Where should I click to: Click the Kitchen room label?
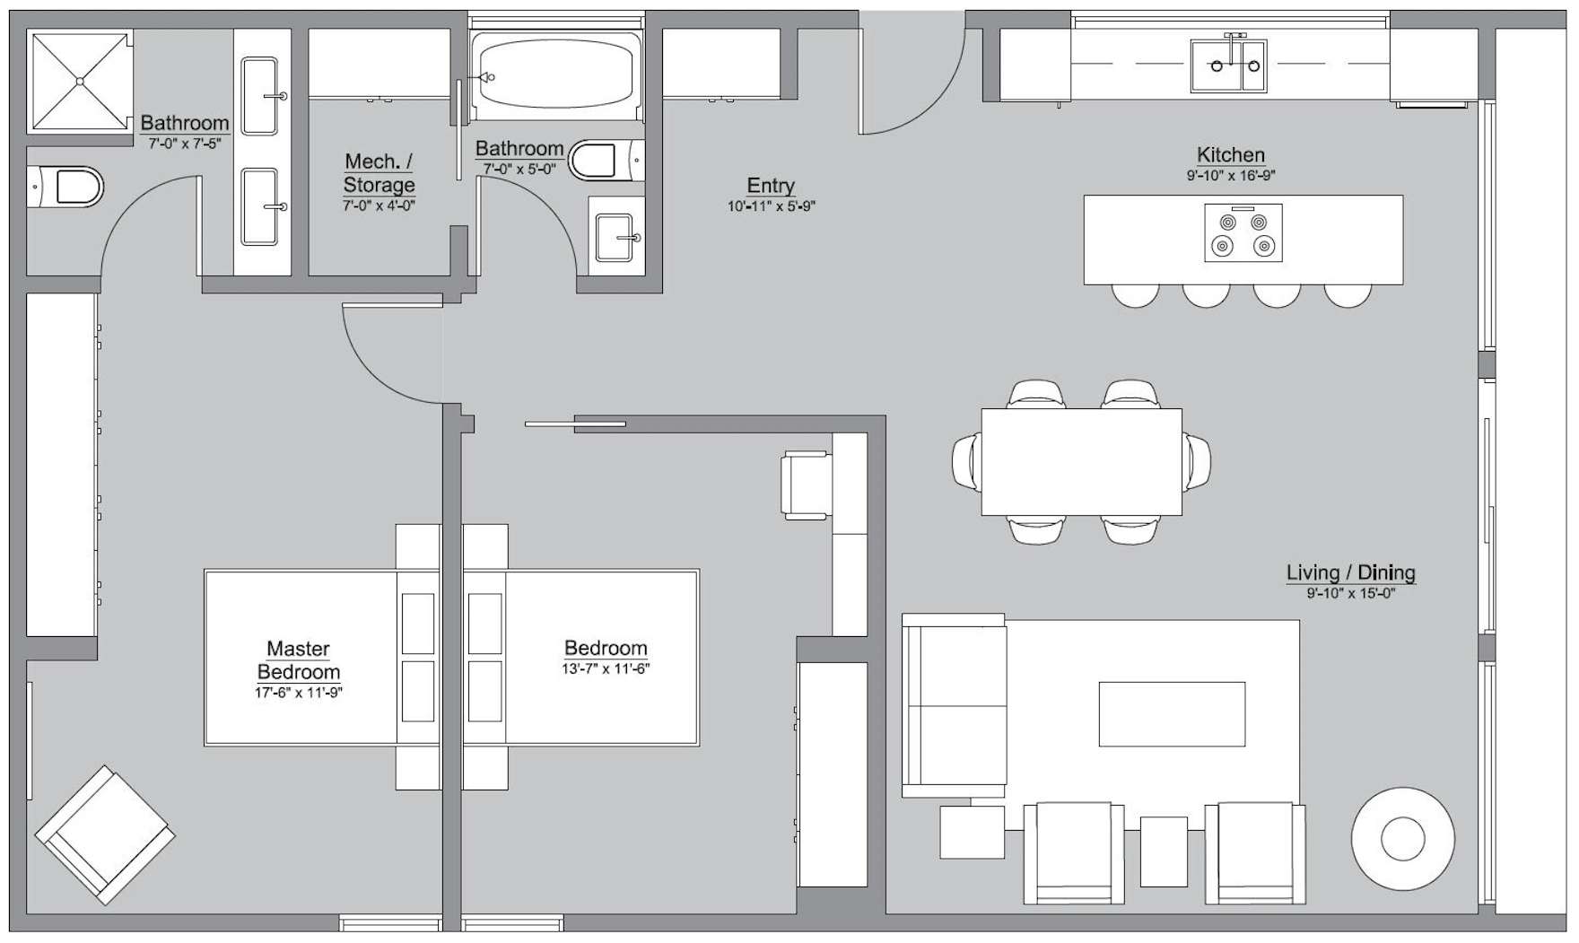(1230, 155)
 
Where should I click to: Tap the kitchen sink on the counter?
(1228, 65)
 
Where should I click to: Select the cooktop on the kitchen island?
(1243, 233)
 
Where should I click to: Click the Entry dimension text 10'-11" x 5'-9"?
(771, 206)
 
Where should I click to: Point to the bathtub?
(557, 76)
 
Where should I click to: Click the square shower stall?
(80, 82)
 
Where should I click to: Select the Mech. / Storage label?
(379, 173)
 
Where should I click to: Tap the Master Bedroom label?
(299, 660)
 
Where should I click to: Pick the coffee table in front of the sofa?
(1172, 714)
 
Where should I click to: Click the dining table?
(1081, 462)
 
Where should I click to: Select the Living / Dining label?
(1350, 572)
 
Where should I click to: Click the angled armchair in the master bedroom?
(105, 834)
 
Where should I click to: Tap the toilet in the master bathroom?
(68, 188)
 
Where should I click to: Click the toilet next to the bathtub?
(603, 161)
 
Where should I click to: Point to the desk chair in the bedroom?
(805, 485)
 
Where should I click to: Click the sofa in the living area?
(955, 706)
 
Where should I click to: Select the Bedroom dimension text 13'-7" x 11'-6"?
(606, 668)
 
